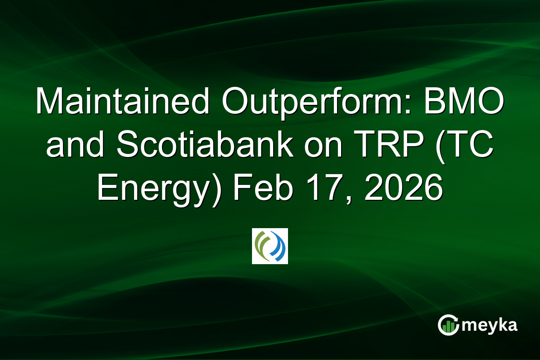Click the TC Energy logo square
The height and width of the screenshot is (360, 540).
pos(270,246)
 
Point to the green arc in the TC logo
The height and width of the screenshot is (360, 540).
pos(262,246)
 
